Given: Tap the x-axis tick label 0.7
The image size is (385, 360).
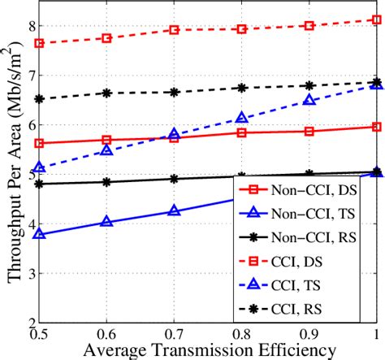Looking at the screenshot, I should (x=174, y=333).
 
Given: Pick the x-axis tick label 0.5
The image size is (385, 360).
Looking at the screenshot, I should (x=39, y=333).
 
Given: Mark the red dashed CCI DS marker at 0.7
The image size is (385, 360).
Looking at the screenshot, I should (x=174, y=30).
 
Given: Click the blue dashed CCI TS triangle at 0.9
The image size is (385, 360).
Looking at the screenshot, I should (x=309, y=100).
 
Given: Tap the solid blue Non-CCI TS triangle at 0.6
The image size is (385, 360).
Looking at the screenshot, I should (x=106, y=221).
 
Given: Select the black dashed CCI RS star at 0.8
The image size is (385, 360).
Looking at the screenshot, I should (x=241, y=88).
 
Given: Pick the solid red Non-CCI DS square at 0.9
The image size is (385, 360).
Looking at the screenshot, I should (x=309, y=131).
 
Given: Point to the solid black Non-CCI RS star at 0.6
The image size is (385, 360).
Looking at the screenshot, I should (x=106, y=182).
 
